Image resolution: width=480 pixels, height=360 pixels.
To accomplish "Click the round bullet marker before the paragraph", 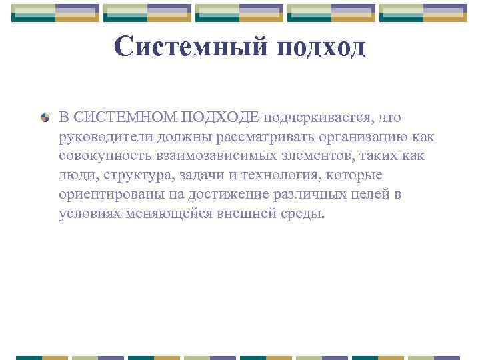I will point(45,118).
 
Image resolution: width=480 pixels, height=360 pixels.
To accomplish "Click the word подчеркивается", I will point(318,118).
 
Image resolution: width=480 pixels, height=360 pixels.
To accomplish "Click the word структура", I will point(130,175).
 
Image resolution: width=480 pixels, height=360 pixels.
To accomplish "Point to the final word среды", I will point(307,214).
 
